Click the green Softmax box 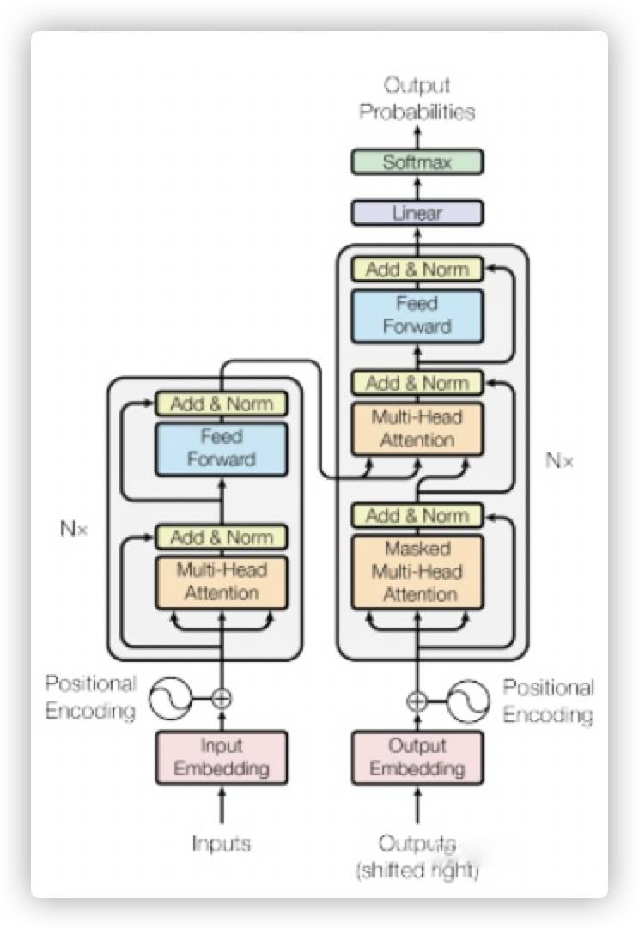point(417,161)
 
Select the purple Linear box point(417,213)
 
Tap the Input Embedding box point(222,758)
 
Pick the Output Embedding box point(417,758)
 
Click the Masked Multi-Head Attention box point(417,572)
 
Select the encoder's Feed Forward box point(222,448)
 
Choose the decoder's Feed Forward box point(417,316)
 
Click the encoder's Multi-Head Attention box point(222,582)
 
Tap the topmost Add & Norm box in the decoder point(417,270)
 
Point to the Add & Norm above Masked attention point(417,515)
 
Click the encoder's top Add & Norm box point(222,404)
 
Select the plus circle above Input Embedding point(222,699)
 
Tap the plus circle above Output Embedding point(417,701)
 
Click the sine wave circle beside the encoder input point(170,699)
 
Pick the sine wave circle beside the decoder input point(468,701)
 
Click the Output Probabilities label point(417,99)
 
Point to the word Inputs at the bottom point(222,844)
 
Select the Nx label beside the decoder point(560,460)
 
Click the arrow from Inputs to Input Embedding point(222,805)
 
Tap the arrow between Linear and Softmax point(417,188)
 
